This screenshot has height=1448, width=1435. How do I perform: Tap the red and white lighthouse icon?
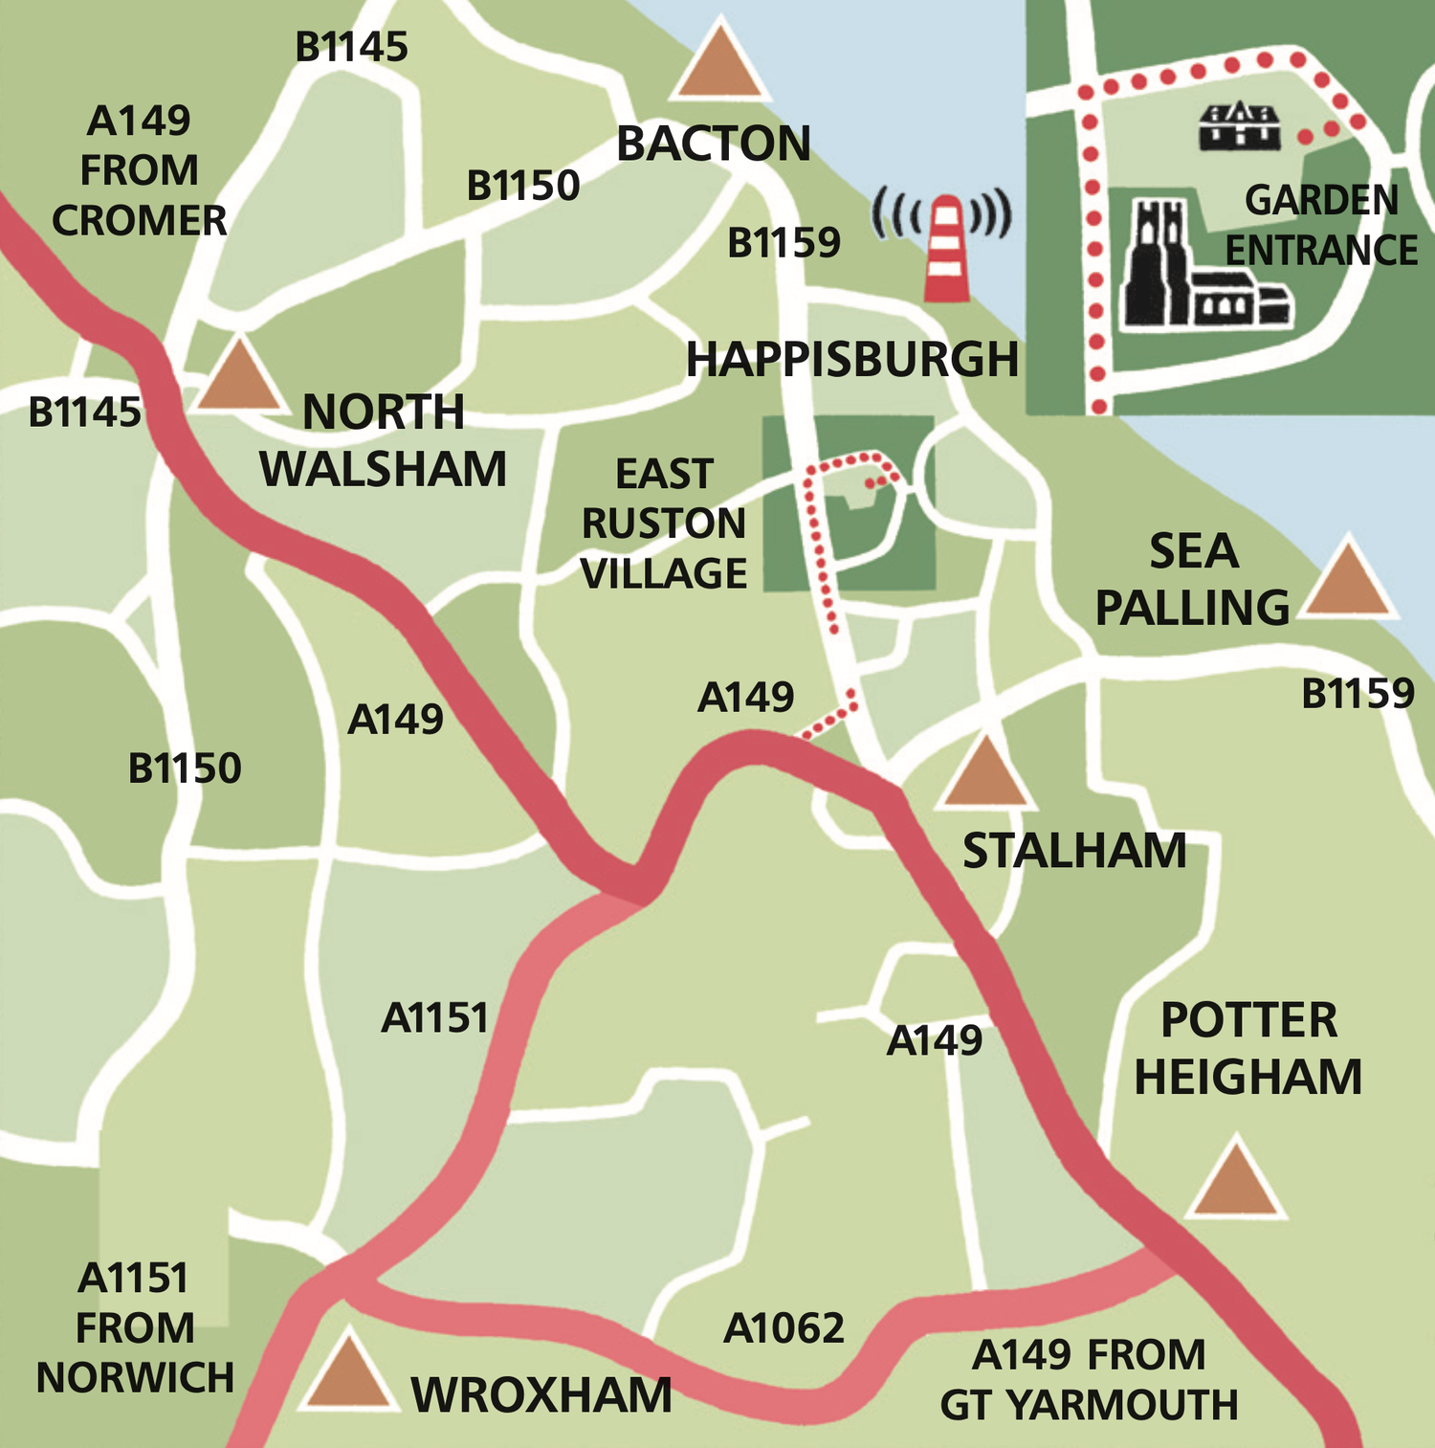pos(946,249)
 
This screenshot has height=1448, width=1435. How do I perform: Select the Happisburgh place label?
pos(851,360)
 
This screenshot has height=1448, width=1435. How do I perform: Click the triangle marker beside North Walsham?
pos(238,377)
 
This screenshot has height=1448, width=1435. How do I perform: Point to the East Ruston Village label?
pos(664,524)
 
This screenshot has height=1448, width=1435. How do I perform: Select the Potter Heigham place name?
pos(1247,1048)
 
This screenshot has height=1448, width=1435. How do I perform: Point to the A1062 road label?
pos(784,1328)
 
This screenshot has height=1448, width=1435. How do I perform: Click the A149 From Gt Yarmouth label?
pos(1089,1380)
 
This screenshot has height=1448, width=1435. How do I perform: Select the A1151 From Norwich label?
pos(135,1327)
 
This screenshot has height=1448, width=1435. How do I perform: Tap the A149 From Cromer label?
pos(140,170)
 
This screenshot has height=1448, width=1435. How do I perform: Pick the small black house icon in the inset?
pos(1240,125)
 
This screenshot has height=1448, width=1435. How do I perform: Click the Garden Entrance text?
pos(1321,225)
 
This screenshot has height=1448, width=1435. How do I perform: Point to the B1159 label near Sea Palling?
pos(1358,693)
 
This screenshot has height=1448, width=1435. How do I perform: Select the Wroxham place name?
pos(541,1395)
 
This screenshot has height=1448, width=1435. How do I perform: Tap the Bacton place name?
pos(713,145)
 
